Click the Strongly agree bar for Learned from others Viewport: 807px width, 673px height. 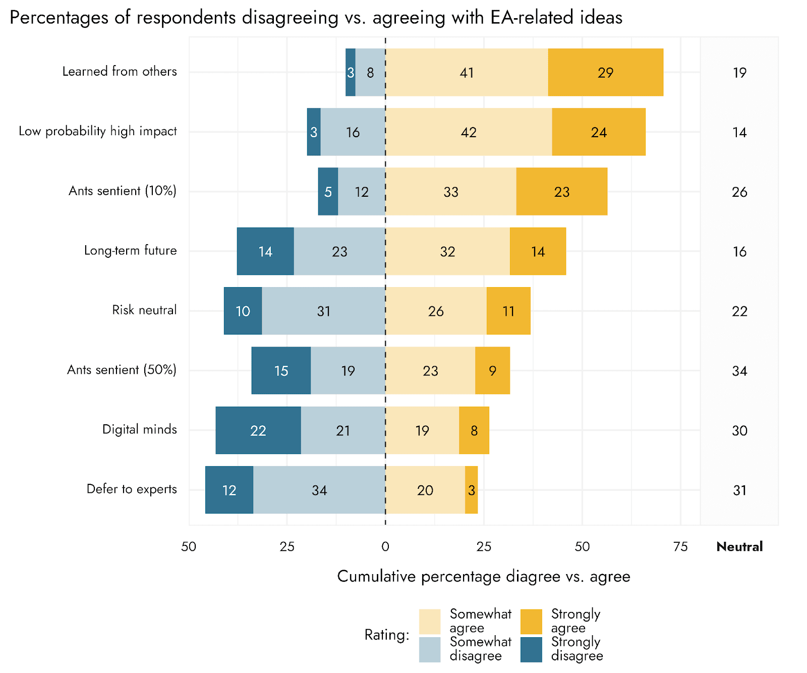click(605, 72)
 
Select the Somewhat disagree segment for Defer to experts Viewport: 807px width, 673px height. click(319, 490)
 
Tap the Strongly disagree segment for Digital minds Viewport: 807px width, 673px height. click(258, 430)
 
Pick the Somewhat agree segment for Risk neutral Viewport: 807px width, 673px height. click(436, 311)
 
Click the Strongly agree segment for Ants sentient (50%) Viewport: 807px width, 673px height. click(492, 371)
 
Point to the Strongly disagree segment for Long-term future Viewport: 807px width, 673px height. click(265, 251)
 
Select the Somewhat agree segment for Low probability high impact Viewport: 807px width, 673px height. click(469, 132)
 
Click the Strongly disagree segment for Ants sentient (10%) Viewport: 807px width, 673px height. click(328, 192)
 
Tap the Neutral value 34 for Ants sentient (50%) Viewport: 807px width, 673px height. click(739, 371)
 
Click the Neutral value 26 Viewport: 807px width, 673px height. click(739, 192)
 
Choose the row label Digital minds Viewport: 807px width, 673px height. click(140, 429)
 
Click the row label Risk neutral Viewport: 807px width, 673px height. click(144, 310)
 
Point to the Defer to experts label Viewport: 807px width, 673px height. click(132, 489)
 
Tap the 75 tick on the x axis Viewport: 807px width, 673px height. click(680, 547)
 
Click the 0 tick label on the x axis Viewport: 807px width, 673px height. click(385, 547)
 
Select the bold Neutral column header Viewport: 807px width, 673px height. click(739, 547)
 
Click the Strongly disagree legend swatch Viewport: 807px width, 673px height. click(531, 649)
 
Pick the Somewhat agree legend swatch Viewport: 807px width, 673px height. click(430, 621)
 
